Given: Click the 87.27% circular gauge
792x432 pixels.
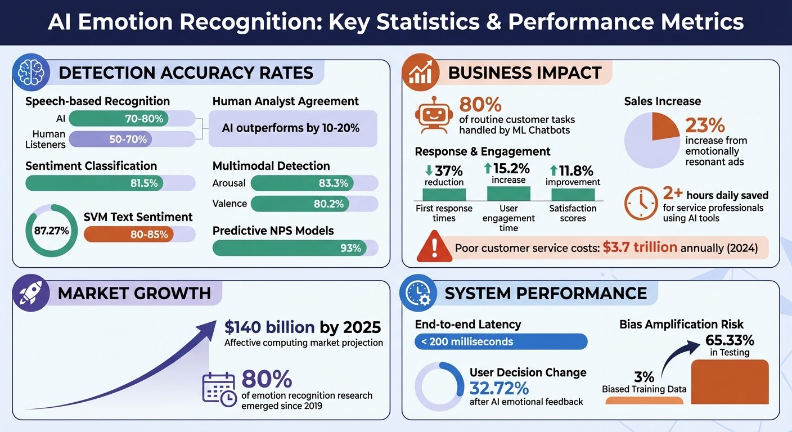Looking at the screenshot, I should pyautogui.click(x=52, y=231).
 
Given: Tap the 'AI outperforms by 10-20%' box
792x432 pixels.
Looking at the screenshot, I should pyautogui.click(x=292, y=128).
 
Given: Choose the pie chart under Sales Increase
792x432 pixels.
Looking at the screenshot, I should pyautogui.click(x=652, y=140).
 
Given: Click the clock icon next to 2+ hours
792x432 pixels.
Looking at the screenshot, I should pyautogui.click(x=641, y=203).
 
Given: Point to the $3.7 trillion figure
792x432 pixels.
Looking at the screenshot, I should pyautogui.click(x=640, y=247).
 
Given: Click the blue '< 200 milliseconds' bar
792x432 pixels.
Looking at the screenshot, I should pyautogui.click(x=501, y=341).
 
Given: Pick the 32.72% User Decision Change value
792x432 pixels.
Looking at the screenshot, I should pyautogui.click(x=499, y=388).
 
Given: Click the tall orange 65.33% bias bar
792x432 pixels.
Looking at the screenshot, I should pyautogui.click(x=729, y=382).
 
